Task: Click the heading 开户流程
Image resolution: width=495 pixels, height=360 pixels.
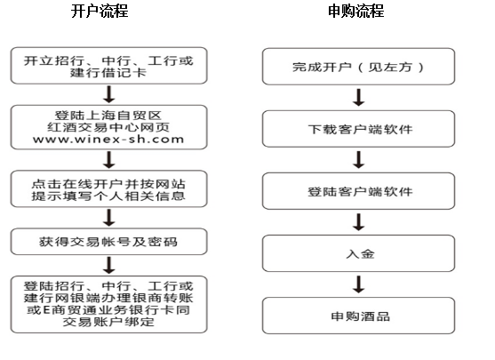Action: point(100,12)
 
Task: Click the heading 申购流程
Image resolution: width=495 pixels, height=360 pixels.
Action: point(355,12)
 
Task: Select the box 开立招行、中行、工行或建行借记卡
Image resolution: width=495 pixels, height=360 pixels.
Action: point(109,66)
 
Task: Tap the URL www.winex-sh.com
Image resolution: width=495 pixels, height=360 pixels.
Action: point(108,140)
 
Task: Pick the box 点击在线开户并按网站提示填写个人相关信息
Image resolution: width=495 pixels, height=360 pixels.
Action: point(109,188)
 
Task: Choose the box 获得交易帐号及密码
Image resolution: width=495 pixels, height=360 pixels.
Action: point(109,242)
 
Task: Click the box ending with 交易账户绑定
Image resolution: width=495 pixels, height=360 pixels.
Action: point(109,304)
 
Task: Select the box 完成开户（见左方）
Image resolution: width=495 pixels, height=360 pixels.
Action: point(359,67)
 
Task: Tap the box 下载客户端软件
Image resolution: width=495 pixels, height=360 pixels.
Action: point(359,129)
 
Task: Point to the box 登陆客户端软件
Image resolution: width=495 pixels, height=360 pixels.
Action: point(359,191)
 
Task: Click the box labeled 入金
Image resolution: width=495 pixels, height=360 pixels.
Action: point(359,253)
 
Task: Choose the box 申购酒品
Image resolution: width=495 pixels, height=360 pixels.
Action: point(359,316)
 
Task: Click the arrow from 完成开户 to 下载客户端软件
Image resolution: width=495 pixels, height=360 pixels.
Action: point(359,97)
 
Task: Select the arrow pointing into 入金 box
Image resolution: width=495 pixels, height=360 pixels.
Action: point(359,222)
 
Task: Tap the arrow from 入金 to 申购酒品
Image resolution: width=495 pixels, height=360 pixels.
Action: point(359,284)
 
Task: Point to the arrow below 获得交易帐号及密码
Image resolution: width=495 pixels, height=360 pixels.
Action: point(109,265)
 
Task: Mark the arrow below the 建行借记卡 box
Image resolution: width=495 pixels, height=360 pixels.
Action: point(109,94)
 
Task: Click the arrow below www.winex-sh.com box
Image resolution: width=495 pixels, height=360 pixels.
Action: point(109,159)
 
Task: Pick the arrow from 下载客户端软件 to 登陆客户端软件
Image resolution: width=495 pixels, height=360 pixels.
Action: point(359,160)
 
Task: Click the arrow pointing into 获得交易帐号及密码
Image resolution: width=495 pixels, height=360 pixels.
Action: point(109,218)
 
